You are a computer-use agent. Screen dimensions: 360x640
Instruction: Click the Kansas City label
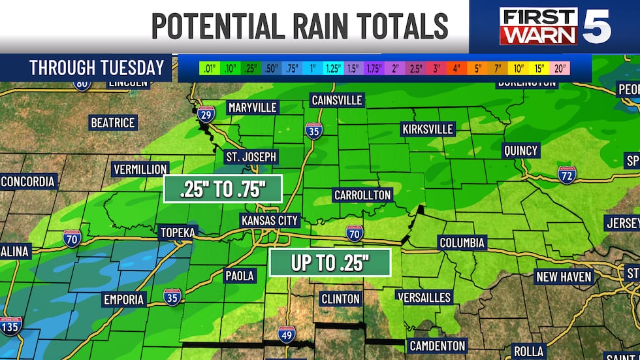tap(270, 220)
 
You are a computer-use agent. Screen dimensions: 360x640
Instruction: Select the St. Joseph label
tap(251, 157)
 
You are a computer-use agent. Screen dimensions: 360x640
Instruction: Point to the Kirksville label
tap(428, 129)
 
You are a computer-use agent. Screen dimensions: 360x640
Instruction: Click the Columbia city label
tap(462, 243)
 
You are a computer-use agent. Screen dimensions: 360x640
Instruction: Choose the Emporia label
tap(123, 300)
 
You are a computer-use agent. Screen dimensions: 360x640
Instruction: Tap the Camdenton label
tap(437, 346)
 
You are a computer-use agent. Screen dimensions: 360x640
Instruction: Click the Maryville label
tap(253, 107)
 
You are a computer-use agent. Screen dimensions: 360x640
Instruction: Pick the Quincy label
tap(520, 151)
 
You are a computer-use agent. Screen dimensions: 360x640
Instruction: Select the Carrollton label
tap(362, 195)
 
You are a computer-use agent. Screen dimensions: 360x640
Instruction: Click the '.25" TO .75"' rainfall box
tap(223, 189)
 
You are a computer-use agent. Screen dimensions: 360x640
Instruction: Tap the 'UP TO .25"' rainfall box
tap(330, 263)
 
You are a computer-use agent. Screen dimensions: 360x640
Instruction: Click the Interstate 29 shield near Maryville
tap(206, 115)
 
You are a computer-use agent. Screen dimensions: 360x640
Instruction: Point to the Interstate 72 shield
tap(567, 174)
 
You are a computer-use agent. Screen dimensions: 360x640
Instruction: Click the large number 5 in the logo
tap(596, 26)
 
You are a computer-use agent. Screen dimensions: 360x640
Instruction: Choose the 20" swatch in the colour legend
tap(560, 68)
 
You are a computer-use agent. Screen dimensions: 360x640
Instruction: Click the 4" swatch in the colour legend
tap(456, 68)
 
